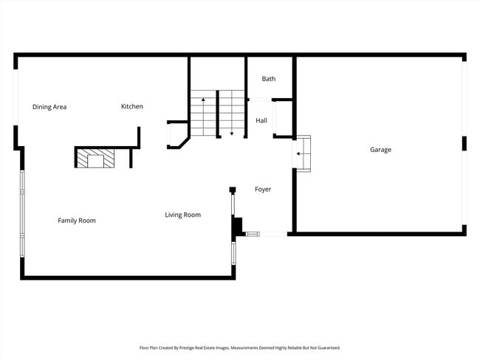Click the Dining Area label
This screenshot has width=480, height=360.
coord(49,107)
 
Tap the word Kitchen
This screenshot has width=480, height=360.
coord(132,107)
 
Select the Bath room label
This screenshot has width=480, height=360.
coord(268,79)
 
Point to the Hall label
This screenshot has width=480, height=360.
coord(261,120)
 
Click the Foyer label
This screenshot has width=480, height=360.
coord(263,190)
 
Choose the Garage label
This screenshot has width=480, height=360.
coord(380,150)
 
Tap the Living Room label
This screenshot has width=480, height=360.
coord(182,215)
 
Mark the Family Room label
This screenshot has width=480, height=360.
coord(77,221)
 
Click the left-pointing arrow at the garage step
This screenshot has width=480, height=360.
coord(299,154)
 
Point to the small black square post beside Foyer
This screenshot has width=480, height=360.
coord(232,190)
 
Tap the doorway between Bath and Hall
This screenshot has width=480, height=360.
coord(258,100)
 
